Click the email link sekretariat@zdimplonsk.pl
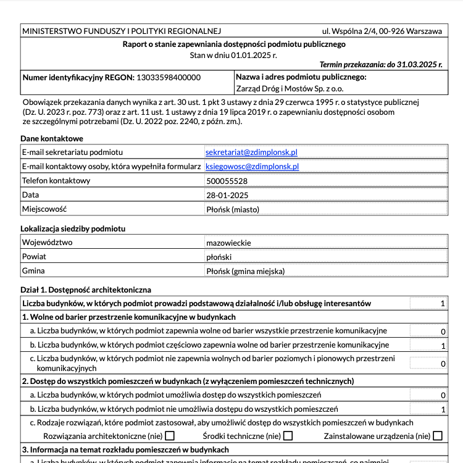point(251,152)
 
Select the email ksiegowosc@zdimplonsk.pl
point(252,166)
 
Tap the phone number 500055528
point(227,181)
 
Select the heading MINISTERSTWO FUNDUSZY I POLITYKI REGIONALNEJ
point(121,31)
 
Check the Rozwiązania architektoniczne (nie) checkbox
point(170,436)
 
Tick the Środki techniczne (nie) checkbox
point(288,436)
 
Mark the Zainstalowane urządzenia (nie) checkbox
point(438,436)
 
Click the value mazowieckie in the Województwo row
point(228,243)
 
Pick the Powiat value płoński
point(219,257)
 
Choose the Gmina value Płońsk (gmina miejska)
point(245,271)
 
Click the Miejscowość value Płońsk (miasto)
point(232,209)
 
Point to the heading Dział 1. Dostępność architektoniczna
point(86,290)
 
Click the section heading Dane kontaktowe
point(52,138)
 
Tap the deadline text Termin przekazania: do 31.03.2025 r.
point(380,64)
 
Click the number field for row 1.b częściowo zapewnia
point(428,346)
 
